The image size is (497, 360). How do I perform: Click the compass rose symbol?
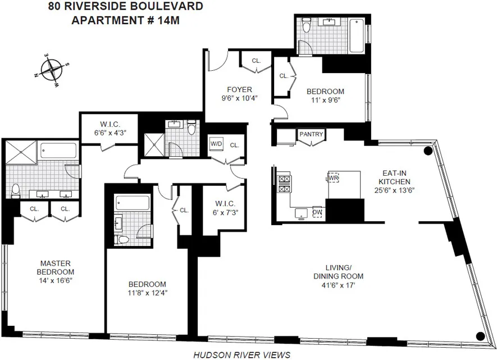click(52, 71)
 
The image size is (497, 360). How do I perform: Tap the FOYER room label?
click(239, 89)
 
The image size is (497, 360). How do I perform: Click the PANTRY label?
click(311, 134)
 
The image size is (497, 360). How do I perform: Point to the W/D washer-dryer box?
click(216, 144)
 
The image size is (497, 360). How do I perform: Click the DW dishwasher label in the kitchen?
click(317, 212)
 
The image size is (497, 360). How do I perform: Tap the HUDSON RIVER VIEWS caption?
click(241, 354)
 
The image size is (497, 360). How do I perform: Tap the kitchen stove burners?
click(284, 185)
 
